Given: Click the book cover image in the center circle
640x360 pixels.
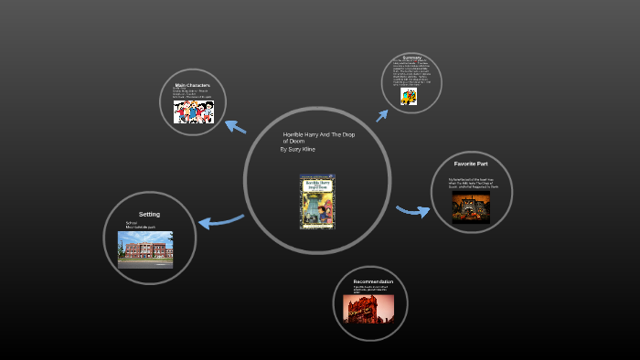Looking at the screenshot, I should click(x=317, y=201).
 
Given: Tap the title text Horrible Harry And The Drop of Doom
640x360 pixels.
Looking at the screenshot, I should click(x=318, y=137).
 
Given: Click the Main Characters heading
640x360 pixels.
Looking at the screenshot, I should click(x=193, y=86).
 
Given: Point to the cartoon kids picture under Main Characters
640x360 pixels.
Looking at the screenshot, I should click(x=193, y=110).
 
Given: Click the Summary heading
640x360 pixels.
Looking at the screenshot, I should click(x=411, y=58).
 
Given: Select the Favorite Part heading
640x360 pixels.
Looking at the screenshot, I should click(x=472, y=164).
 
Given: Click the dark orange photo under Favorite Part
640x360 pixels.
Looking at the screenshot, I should click(x=472, y=206).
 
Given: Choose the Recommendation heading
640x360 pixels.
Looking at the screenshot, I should click(x=373, y=281).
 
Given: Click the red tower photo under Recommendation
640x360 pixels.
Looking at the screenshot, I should click(x=368, y=308).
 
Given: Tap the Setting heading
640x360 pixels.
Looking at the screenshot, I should click(x=149, y=214).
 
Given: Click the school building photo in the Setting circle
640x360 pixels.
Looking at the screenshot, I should click(x=144, y=249).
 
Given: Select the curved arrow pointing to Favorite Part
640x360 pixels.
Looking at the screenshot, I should click(x=413, y=211).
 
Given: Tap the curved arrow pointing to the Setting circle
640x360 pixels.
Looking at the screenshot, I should click(x=220, y=220).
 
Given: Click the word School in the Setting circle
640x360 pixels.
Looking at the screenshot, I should click(x=132, y=222).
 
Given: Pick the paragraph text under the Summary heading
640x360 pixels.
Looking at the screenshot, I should click(x=411, y=73).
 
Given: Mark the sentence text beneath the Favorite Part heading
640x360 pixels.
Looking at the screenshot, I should click(x=472, y=182).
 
